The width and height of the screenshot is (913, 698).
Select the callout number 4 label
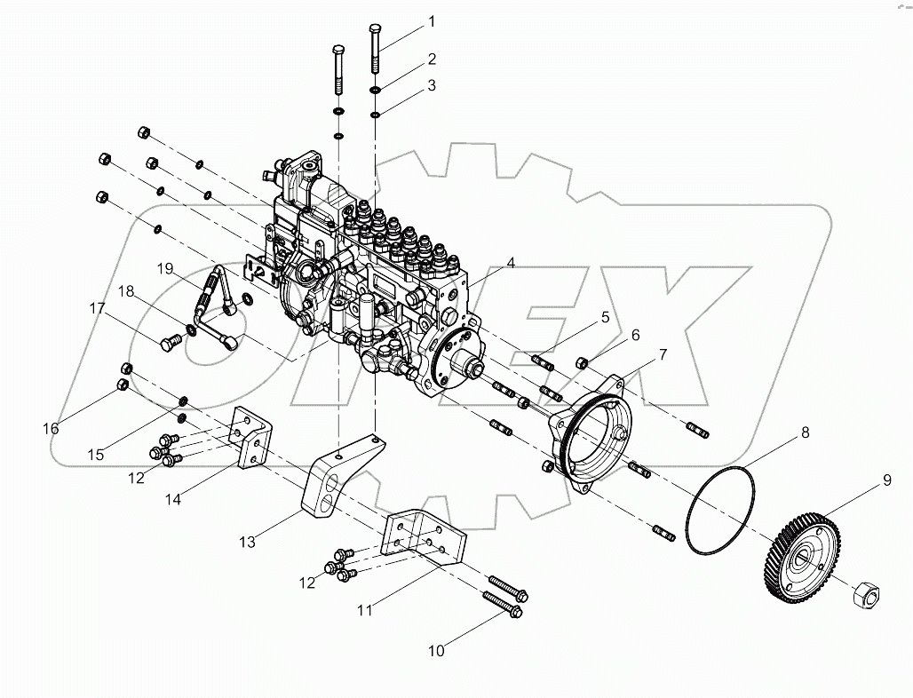[x=511, y=263]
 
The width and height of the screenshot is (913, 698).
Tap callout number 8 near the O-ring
[x=805, y=433]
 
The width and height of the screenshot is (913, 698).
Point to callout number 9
[x=885, y=483]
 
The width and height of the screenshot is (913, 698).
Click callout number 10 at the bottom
[x=435, y=651]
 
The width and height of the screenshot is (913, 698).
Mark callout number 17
[x=97, y=309]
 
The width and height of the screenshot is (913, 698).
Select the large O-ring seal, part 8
[x=720, y=510]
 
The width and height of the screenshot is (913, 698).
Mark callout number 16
[x=51, y=428]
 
